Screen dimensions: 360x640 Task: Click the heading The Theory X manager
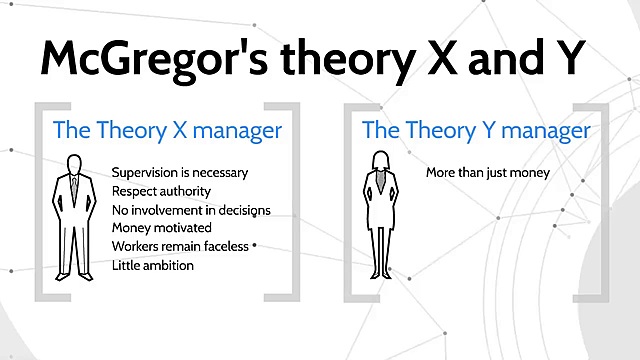[x=167, y=130]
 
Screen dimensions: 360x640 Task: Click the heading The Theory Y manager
[x=476, y=130]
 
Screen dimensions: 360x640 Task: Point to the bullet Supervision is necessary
[x=180, y=172]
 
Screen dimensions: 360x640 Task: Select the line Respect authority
[x=163, y=191]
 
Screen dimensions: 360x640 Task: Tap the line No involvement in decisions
[x=191, y=210]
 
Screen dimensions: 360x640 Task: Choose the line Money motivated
[x=162, y=228]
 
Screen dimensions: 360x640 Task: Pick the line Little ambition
[x=153, y=266]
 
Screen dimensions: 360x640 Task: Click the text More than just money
[x=488, y=172]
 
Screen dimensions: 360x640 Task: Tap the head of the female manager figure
[x=381, y=161]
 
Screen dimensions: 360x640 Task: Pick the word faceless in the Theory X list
[x=227, y=247]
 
